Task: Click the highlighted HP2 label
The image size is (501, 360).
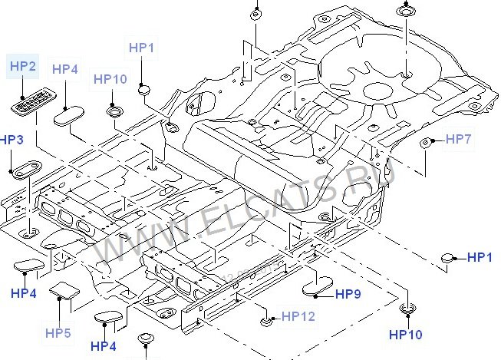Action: [x=23, y=67]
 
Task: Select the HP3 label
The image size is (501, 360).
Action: [x=12, y=140]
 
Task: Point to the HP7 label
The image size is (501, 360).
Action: [x=458, y=139]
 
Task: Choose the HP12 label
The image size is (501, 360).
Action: [x=298, y=315]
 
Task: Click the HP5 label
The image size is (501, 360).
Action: [x=58, y=332]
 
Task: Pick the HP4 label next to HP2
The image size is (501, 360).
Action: [x=65, y=69]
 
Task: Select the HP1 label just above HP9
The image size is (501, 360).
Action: [x=480, y=257]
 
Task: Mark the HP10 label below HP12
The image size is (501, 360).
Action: [x=405, y=335]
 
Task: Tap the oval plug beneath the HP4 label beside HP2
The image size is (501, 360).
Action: [x=68, y=116]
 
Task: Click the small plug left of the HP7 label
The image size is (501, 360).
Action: [x=432, y=141]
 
